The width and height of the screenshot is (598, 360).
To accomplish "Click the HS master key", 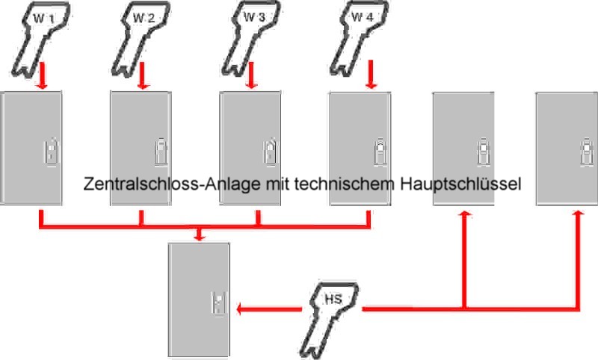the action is (x=330, y=320).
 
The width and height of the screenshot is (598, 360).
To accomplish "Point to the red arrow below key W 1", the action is (x=43, y=76).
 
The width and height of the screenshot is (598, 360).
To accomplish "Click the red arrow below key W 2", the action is (x=143, y=76).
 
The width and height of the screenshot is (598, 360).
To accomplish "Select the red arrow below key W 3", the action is (x=251, y=76).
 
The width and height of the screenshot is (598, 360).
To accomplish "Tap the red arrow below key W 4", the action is (x=371, y=75).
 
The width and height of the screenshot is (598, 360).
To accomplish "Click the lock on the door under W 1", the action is (x=52, y=152).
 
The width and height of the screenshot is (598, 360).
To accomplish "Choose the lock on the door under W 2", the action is (x=161, y=152).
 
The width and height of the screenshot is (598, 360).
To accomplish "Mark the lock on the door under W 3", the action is (x=271, y=152).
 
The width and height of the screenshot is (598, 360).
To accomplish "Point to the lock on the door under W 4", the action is (x=380, y=152).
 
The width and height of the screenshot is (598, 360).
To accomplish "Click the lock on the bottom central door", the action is (x=219, y=303).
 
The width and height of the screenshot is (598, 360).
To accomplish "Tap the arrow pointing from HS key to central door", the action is (x=269, y=308).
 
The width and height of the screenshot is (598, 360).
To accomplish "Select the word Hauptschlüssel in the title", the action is (x=460, y=184).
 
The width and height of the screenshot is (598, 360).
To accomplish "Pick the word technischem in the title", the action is (x=345, y=184).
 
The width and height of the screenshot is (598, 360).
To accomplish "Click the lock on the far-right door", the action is (x=587, y=152).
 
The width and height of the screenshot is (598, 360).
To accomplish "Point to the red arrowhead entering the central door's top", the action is (x=199, y=237).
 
